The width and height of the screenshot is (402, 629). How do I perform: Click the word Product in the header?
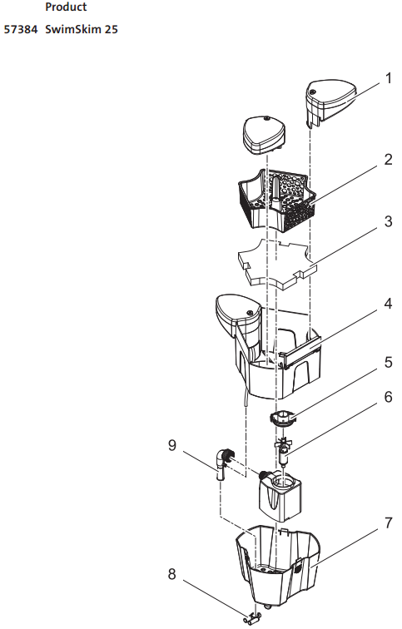(66, 7)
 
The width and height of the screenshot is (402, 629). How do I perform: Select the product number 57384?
(21, 29)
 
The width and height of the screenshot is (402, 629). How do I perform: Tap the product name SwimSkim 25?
(82, 29)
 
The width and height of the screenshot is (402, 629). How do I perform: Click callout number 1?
(388, 78)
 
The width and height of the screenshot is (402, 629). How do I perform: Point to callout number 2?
(388, 160)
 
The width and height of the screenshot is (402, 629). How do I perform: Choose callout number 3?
(388, 221)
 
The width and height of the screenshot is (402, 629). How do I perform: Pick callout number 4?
(388, 304)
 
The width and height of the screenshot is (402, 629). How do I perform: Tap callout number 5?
(388, 362)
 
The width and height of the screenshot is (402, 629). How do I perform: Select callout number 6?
(388, 397)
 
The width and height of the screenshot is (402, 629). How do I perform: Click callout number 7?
(388, 523)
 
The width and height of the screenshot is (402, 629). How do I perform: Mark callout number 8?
(171, 574)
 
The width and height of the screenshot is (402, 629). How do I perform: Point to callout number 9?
(171, 445)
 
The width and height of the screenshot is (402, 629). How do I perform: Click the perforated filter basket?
(275, 200)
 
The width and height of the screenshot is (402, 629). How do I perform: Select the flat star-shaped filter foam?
(277, 264)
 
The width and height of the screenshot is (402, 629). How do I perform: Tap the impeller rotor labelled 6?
(284, 450)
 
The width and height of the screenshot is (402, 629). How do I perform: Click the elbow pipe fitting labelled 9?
(223, 463)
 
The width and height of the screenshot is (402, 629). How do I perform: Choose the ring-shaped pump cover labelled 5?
(284, 418)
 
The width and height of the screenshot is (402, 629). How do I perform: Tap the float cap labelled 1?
(331, 102)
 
